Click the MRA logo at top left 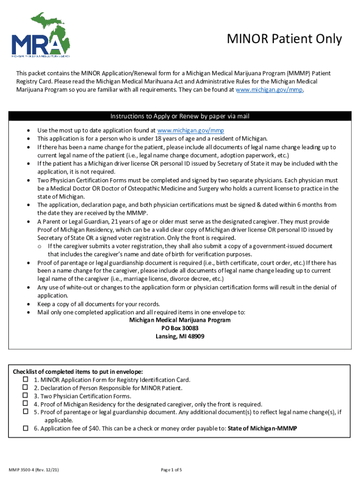pos(42,35)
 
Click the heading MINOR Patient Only pos(284,39)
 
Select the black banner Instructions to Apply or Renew pos(180,116)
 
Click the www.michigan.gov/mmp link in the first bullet pos(187,131)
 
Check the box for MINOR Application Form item pos(26,379)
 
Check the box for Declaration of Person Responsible pos(26,387)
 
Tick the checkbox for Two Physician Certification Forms pos(26,396)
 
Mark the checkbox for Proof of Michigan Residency pos(26,404)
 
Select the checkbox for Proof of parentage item pos(26,412)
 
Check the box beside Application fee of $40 pos(26,428)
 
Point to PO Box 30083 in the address pos(180,328)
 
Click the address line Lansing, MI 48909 pos(180,336)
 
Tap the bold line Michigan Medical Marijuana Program pos(180,320)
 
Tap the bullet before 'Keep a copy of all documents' pos(29,304)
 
